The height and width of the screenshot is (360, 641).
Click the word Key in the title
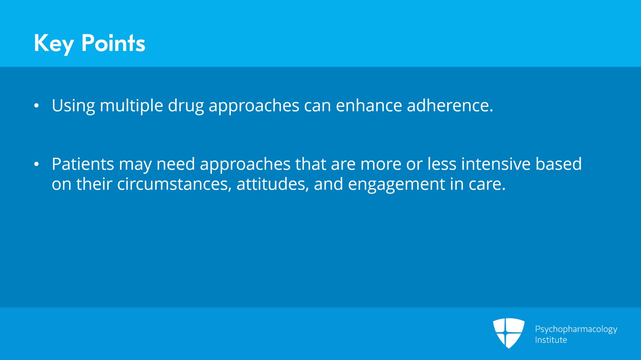54,44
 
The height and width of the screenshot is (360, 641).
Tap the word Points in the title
113,43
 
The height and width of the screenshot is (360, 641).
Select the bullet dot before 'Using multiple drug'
36,106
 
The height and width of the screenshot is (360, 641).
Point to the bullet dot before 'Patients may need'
36,164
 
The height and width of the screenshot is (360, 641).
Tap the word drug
186,107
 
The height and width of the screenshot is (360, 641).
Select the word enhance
369,105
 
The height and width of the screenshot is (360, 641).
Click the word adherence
450,105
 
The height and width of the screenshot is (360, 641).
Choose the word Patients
83,164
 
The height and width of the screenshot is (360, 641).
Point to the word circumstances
174,185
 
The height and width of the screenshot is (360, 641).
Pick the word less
442,164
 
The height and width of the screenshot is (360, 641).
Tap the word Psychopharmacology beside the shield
576,330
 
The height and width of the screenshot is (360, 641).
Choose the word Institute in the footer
551,340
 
